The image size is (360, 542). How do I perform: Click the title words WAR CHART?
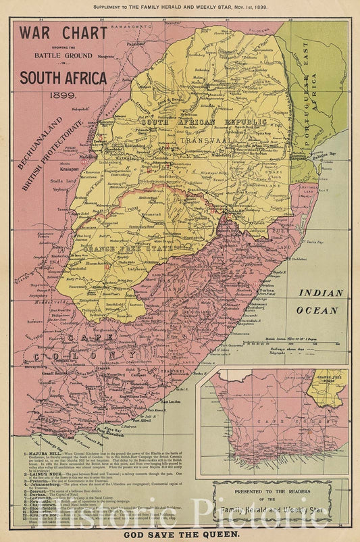point(62,32)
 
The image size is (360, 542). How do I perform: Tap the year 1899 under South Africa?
point(62,95)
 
